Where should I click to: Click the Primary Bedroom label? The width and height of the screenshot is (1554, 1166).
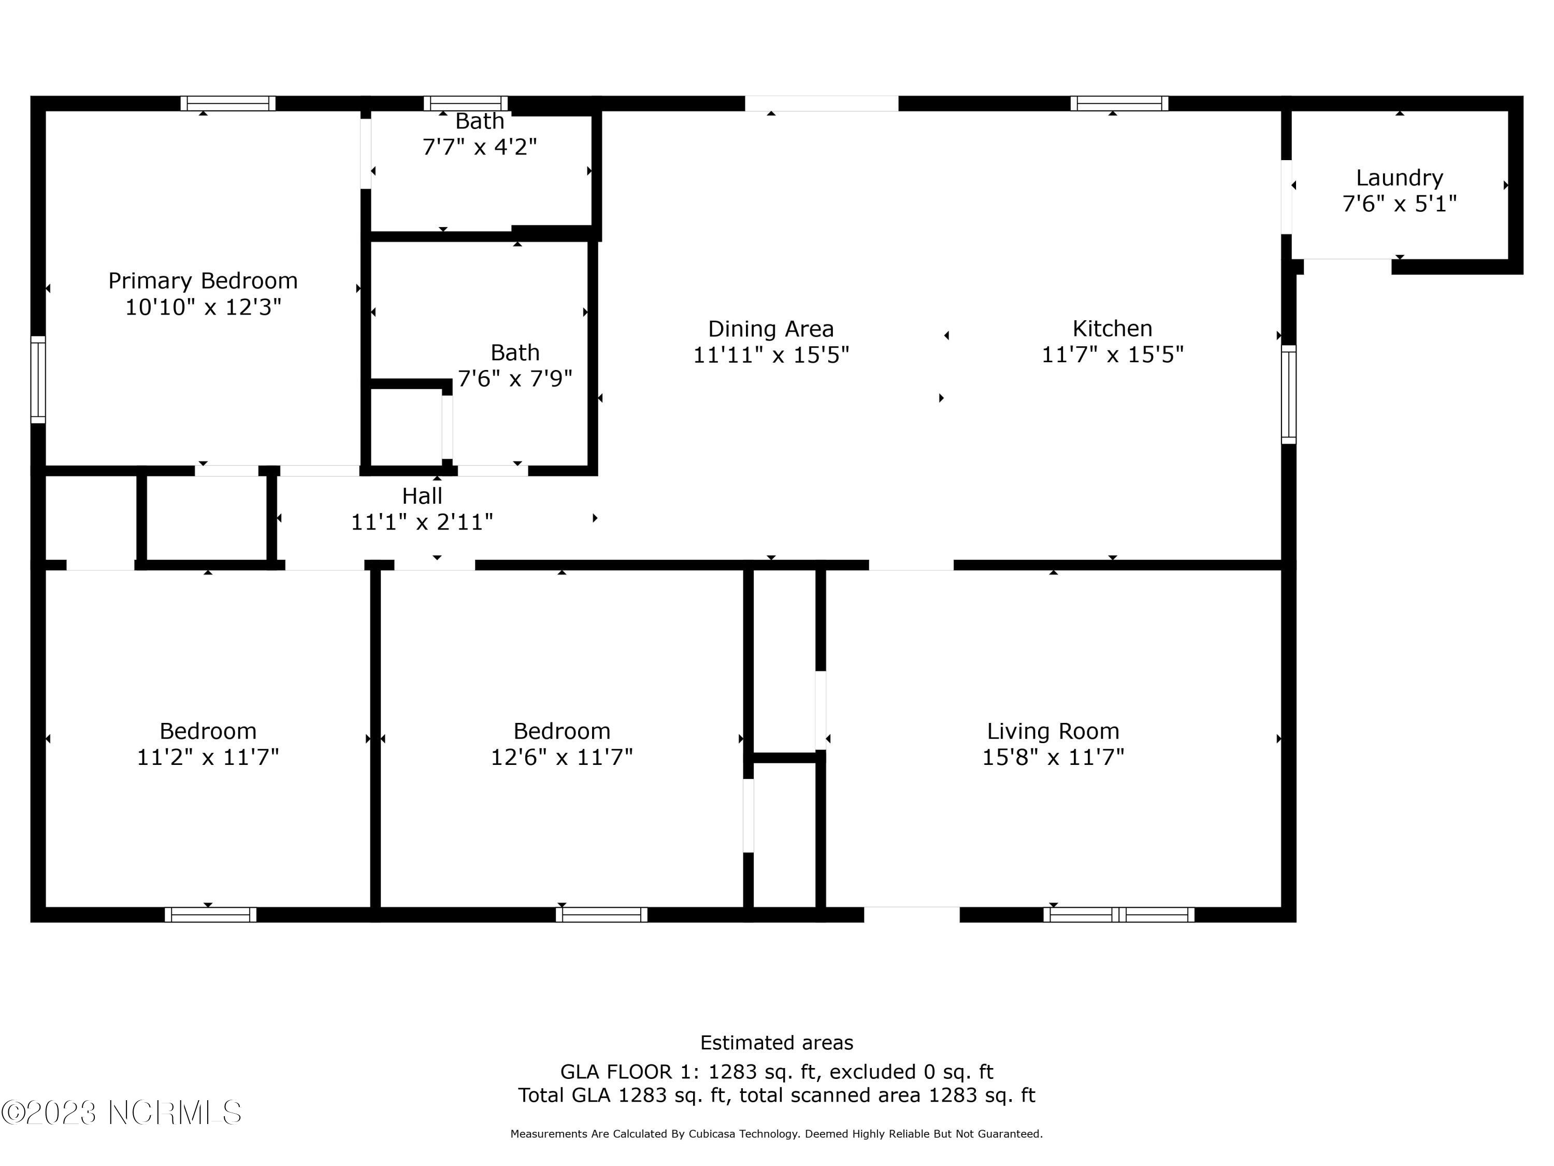click(x=203, y=281)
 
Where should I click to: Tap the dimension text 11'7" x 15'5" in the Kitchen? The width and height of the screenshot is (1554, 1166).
click(x=1112, y=355)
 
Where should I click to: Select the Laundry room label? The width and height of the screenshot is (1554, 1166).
click(x=1399, y=178)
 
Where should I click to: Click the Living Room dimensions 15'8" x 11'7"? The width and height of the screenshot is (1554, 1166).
click(x=1053, y=758)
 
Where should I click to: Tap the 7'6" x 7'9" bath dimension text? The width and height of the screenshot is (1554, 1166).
click(x=514, y=379)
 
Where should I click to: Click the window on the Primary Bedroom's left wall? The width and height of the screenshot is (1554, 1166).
click(x=38, y=379)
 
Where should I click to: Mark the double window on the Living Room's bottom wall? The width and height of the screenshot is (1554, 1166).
click(x=1118, y=914)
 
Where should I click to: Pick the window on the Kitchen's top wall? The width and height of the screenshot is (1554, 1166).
click(x=1118, y=103)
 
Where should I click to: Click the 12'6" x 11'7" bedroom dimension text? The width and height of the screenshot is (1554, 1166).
click(x=562, y=758)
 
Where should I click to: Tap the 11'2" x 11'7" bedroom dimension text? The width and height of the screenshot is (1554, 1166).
click(x=207, y=758)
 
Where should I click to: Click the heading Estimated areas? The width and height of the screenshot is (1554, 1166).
click(x=776, y=1042)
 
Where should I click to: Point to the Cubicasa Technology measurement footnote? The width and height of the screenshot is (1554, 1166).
click(x=776, y=1134)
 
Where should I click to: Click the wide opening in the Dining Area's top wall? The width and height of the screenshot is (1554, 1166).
click(x=821, y=103)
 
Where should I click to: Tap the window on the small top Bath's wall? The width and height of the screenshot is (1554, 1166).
click(x=465, y=103)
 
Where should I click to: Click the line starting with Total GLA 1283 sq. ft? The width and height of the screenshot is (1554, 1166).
click(x=776, y=1095)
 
